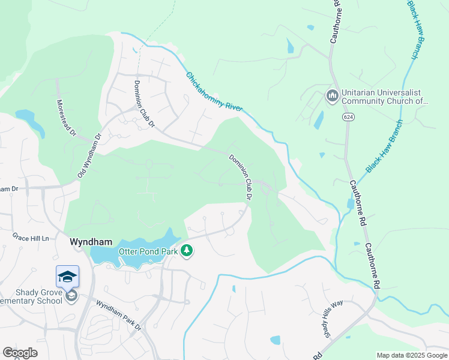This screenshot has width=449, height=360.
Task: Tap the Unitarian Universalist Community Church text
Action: pyautogui.click(x=384, y=98)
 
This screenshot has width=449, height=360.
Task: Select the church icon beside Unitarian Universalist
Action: pyautogui.click(x=332, y=95)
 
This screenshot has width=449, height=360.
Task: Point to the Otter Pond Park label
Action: pyautogui.click(x=148, y=251)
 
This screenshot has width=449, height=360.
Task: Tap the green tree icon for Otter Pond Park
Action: pyautogui.click(x=187, y=250)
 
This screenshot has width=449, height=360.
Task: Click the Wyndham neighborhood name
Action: pyautogui.click(x=91, y=242)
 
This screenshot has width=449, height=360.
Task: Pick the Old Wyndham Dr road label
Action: pyautogui.click(x=91, y=155)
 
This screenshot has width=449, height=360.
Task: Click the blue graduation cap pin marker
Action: pyautogui.click(x=67, y=277)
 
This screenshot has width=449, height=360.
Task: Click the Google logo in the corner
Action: pyautogui.click(x=20, y=353)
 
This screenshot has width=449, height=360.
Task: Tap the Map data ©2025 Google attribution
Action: pyautogui.click(x=412, y=355)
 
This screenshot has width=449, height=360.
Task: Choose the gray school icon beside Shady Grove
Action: pyautogui.click(x=71, y=296)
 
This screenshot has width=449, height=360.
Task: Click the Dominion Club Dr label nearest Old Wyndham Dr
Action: pyautogui.click(x=144, y=104)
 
